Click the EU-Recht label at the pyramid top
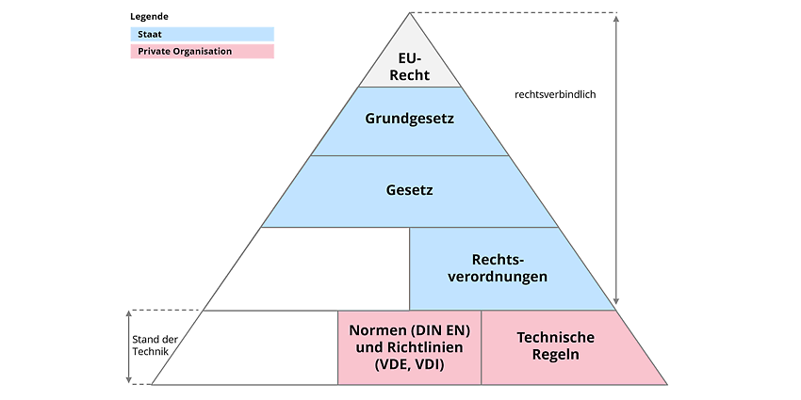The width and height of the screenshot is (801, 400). (410, 67)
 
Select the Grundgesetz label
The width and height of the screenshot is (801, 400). (410, 120)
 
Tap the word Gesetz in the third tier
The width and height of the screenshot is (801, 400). (410, 190)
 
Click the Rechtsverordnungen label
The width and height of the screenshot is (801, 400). (498, 268)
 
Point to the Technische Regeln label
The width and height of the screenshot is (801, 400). (556, 346)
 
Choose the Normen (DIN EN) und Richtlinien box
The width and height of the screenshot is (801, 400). (409, 347)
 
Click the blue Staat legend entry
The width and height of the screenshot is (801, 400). (203, 34)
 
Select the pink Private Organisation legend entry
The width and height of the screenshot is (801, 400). (203, 52)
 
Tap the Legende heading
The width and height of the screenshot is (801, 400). (149, 16)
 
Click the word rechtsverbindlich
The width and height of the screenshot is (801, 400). (555, 94)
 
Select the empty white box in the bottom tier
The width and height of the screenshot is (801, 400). (245, 347)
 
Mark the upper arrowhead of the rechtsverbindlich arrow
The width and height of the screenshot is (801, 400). (616, 19)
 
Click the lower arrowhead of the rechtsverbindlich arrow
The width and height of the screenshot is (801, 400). (616, 301)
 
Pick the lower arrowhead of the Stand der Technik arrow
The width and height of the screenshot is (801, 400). (129, 379)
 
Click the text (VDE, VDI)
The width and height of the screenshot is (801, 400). (409, 365)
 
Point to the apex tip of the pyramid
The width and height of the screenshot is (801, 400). (410, 13)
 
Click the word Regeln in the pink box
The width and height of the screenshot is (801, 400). (556, 355)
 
